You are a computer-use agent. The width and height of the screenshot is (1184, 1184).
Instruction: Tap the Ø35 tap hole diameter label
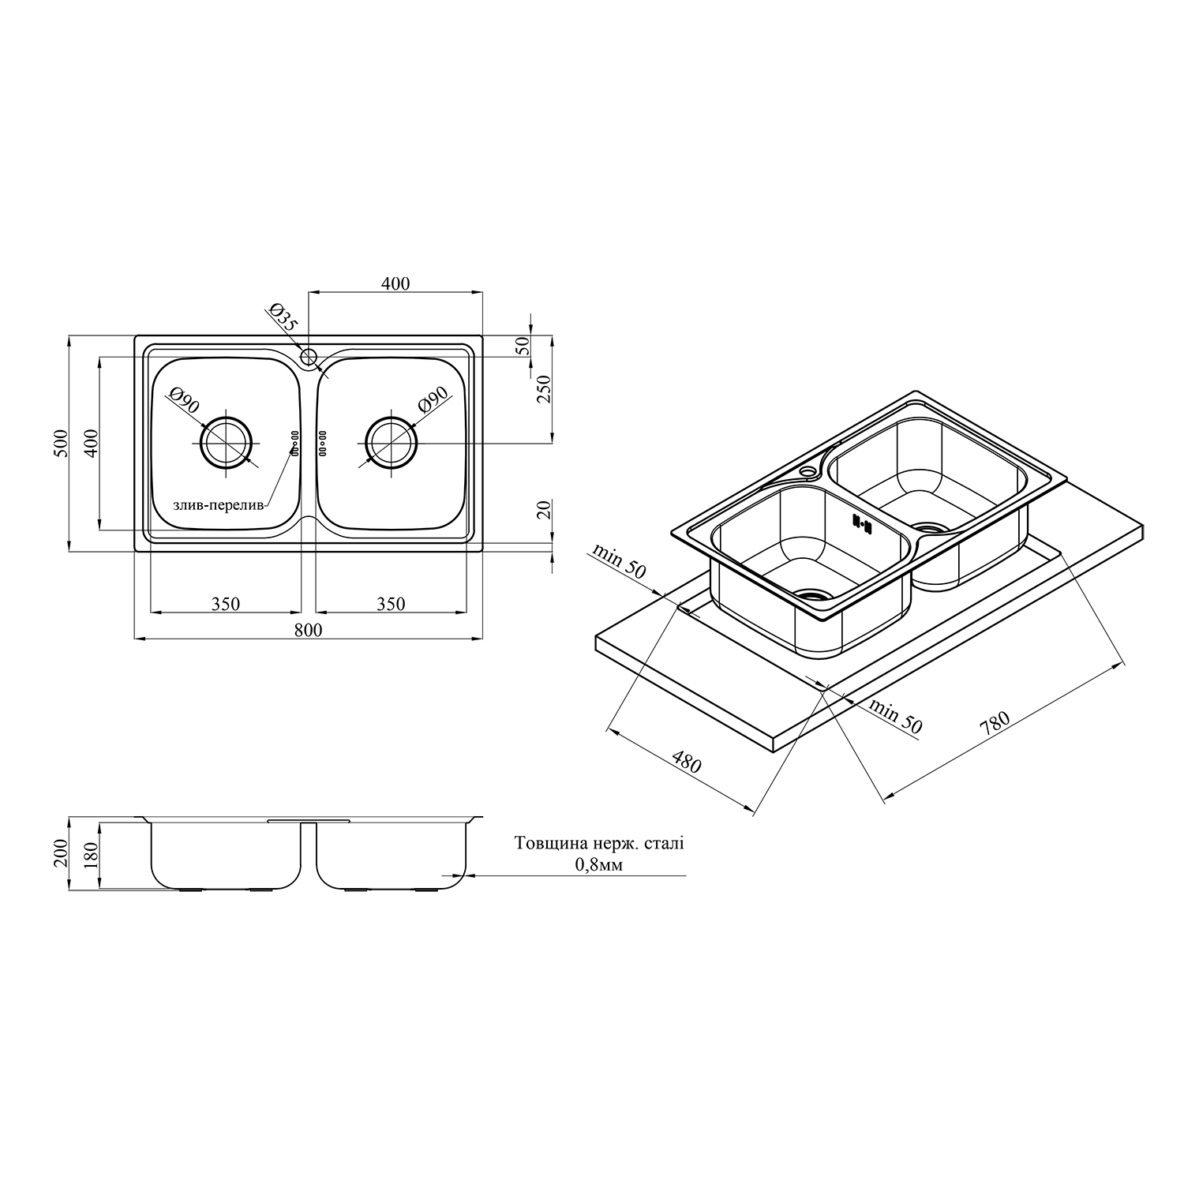pos(283,317)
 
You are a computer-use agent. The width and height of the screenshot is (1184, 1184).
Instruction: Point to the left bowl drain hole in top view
pos(226,442)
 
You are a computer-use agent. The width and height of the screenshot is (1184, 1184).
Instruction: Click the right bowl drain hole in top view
pos(391,442)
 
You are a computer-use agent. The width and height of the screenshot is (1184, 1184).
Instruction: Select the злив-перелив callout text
pos(219,505)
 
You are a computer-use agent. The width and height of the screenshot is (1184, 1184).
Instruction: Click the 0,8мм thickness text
pos(599,865)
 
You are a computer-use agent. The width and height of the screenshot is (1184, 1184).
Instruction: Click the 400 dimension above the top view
pos(395,283)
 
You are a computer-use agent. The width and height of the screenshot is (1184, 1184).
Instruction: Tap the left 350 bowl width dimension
pos(225,604)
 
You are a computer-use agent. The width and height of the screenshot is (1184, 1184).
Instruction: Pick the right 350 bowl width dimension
pos(391,604)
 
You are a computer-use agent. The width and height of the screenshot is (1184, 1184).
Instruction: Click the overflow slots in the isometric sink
pos(860,523)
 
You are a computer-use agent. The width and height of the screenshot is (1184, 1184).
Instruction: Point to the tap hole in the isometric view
pos(807,472)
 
